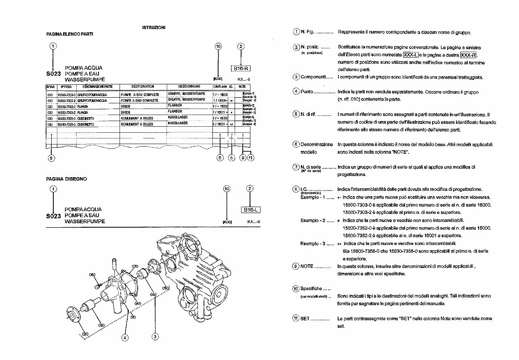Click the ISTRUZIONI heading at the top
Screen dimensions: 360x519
pos(153,27)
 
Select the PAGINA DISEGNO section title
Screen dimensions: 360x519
pos(66,179)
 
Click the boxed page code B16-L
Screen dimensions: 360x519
pos(250,209)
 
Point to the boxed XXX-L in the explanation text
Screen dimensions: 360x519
pos(410,55)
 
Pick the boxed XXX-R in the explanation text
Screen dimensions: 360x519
pos(468,55)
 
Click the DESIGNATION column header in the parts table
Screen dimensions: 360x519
pos(143,86)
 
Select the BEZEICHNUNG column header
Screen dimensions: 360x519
pos(189,86)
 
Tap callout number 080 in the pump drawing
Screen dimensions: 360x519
pos(92,275)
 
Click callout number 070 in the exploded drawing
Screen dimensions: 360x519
pos(135,266)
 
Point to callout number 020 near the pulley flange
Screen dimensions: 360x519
pos(85,334)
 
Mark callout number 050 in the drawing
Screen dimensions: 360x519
pos(165,288)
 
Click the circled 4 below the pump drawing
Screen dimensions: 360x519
pos(125,337)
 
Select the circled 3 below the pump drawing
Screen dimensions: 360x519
pos(155,336)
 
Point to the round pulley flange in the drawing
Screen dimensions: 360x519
pos(74,315)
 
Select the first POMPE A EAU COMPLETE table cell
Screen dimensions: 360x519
pos(139,94)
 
